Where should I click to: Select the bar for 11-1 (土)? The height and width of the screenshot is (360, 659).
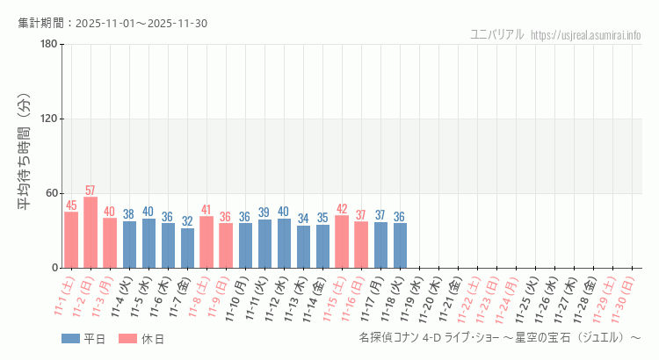click(x=71, y=240)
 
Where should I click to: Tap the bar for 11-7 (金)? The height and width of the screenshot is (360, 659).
click(x=187, y=248)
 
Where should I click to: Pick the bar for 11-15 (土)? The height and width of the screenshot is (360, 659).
click(x=342, y=241)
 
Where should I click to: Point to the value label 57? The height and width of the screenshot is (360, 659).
click(x=91, y=191)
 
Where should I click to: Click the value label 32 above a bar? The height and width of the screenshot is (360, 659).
click(x=187, y=221)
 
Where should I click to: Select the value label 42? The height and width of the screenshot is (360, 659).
click(x=342, y=209)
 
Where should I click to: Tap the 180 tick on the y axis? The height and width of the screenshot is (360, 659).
click(x=48, y=45)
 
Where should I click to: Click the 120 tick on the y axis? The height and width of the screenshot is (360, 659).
click(x=48, y=119)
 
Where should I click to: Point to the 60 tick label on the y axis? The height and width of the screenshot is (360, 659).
click(x=51, y=194)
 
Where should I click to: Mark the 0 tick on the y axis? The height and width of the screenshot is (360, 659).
click(x=54, y=268)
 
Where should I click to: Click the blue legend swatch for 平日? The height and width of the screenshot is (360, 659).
click(x=70, y=339)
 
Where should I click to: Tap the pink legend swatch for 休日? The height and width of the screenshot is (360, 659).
click(x=127, y=339)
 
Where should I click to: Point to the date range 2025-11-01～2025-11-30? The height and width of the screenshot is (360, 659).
click(x=141, y=23)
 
